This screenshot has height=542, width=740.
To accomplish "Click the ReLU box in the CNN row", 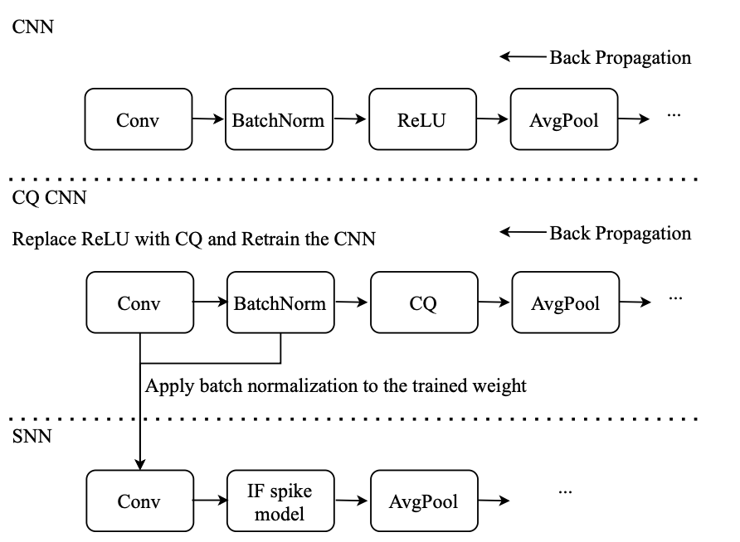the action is click(x=422, y=119).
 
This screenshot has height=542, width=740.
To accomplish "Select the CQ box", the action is click(x=424, y=302).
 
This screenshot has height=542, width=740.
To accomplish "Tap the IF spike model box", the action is click(x=280, y=501).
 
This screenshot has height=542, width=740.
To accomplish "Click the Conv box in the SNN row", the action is click(x=139, y=501).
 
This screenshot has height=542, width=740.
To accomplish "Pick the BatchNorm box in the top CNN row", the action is click(x=279, y=119).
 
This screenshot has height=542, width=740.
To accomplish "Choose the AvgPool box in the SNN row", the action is click(x=424, y=501).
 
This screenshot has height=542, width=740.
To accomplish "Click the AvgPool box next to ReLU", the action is click(x=564, y=119).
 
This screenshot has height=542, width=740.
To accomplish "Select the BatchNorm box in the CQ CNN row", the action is click(x=280, y=302).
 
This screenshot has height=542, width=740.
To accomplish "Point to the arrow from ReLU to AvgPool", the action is click(x=493, y=119).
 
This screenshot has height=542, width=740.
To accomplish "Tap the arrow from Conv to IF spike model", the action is click(x=211, y=501).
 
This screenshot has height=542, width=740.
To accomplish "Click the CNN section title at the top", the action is click(x=32, y=27).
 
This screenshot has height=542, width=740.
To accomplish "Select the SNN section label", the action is click(x=32, y=437).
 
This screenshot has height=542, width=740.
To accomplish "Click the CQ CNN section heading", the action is click(x=49, y=197).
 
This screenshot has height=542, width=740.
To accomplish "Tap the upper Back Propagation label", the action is click(x=621, y=57).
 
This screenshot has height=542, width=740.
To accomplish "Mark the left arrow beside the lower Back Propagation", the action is click(x=523, y=232).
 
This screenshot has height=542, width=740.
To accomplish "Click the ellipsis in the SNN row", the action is click(x=565, y=492).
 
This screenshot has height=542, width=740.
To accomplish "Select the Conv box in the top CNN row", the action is click(x=139, y=119).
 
